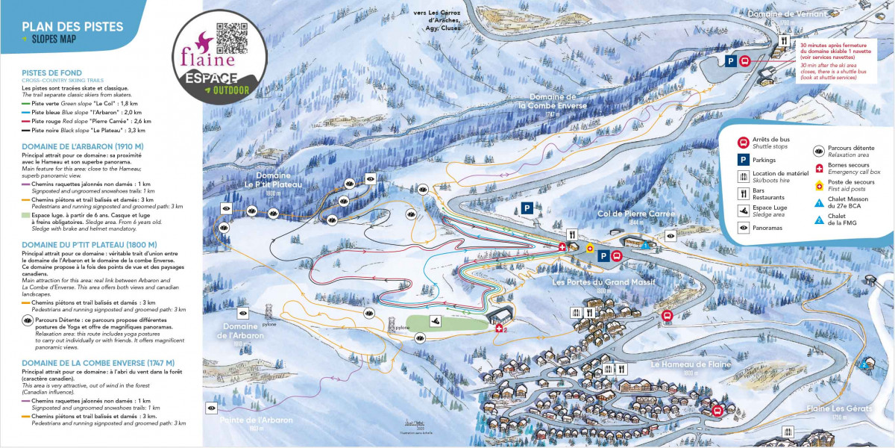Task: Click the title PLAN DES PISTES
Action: click(x=72, y=27)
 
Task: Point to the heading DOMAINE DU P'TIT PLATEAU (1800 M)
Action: click(x=89, y=244)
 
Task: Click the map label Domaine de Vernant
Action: click(x=777, y=14)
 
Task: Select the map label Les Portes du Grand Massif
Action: click(x=603, y=282)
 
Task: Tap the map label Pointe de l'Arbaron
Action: click(x=256, y=420)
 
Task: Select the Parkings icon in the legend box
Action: click(x=743, y=160)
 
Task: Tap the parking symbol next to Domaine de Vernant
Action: click(x=731, y=61)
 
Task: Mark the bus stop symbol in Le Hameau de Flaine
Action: click(x=717, y=410)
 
